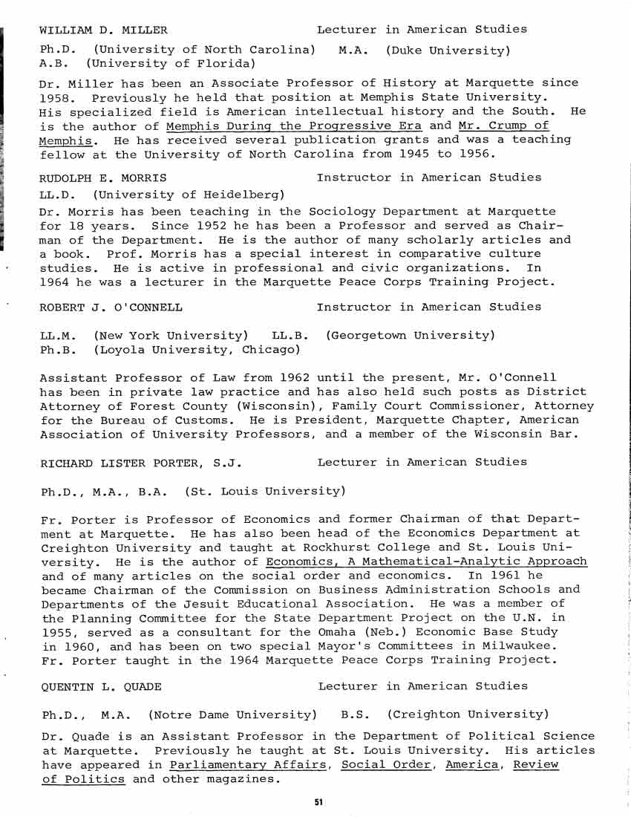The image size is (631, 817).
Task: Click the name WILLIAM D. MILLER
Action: click(103, 30)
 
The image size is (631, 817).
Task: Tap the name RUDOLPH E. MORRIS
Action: click(102, 178)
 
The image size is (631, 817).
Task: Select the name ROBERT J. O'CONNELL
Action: click(111, 307)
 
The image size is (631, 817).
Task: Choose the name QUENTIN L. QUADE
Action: click(102, 686)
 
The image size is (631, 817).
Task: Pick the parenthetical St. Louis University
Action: click(264, 491)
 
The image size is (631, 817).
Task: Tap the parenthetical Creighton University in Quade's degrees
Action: click(468, 715)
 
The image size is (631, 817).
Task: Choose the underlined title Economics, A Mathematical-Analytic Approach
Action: click(427, 562)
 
